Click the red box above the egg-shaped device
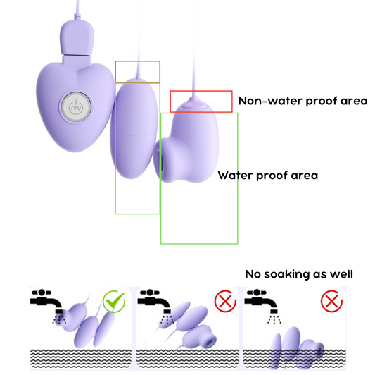pos(138,71)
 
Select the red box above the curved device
pos(201,102)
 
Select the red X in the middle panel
pos(225,302)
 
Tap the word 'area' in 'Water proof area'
pos(303,176)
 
